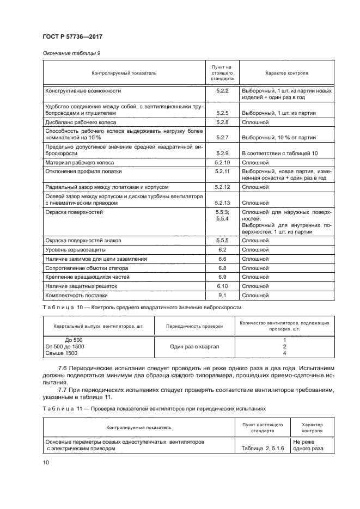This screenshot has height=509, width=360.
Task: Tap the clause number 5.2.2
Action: pyautogui.click(x=222, y=90)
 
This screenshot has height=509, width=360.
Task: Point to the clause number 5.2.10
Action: pyautogui.click(x=222, y=162)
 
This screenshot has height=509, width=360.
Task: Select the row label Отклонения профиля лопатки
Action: pyautogui.click(x=87, y=171)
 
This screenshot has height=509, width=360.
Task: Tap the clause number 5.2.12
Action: pyautogui.click(x=222, y=187)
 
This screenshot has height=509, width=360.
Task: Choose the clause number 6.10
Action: pyautogui.click(x=222, y=286)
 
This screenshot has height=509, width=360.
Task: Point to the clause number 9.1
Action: pyautogui.click(x=222, y=295)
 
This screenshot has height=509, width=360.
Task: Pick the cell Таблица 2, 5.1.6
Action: pyautogui.click(x=258, y=449)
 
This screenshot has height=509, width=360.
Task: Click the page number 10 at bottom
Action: pyautogui.click(x=46, y=462)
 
